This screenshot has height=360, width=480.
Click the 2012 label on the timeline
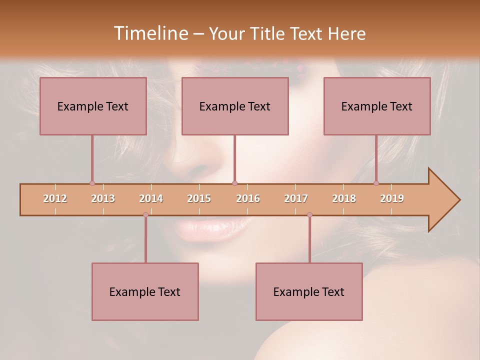click(x=55, y=198)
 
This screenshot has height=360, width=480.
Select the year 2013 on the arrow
click(x=103, y=198)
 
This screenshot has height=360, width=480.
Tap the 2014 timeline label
click(x=151, y=198)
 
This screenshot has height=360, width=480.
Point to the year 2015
click(x=199, y=198)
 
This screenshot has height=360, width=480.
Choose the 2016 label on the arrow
click(x=248, y=198)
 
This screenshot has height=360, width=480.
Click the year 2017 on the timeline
click(x=296, y=198)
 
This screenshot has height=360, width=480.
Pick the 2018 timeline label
click(x=344, y=198)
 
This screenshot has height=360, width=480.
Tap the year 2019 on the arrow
click(x=392, y=198)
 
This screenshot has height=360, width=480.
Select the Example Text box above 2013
click(x=93, y=106)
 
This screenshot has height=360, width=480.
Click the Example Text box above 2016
click(x=235, y=106)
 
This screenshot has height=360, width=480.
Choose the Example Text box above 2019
click(x=377, y=106)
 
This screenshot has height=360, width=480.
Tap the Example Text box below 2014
click(x=145, y=291)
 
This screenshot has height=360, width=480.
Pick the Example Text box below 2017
click(x=309, y=291)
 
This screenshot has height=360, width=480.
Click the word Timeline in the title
click(x=150, y=33)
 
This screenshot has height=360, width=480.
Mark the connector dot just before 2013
click(x=92, y=183)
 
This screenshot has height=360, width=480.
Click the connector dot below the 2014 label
click(x=145, y=214)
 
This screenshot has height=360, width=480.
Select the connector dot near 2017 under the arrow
click(x=309, y=214)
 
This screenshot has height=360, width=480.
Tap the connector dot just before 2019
click(x=376, y=183)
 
